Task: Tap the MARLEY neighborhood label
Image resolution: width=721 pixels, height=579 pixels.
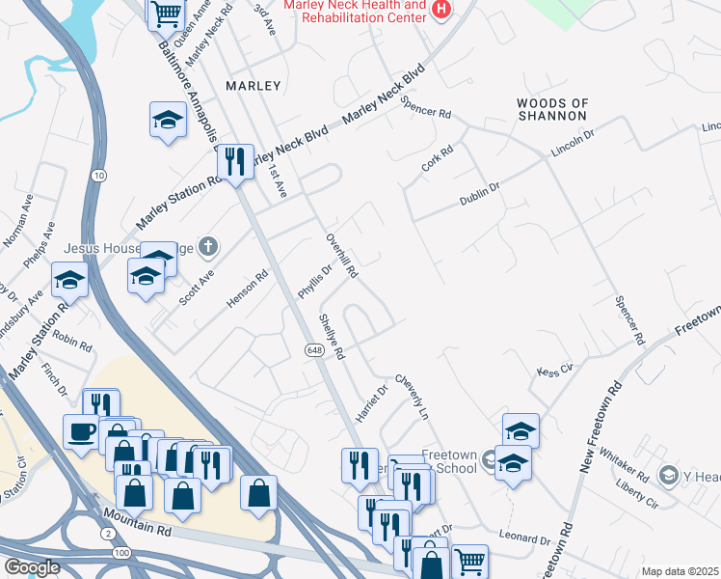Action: click(253, 86)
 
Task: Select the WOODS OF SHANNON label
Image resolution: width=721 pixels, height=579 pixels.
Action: click(551, 109)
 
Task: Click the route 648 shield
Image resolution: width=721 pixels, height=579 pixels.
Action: click(314, 348)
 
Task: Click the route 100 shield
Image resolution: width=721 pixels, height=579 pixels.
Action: click(121, 552)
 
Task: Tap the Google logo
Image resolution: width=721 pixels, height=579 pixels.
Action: click(32, 567)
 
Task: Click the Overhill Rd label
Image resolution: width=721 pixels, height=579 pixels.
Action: click(342, 256)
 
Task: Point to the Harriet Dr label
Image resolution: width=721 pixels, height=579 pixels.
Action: click(371, 402)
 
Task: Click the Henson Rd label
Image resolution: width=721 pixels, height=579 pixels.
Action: click(247, 289)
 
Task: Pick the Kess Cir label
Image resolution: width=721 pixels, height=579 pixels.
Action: click(555, 370)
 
